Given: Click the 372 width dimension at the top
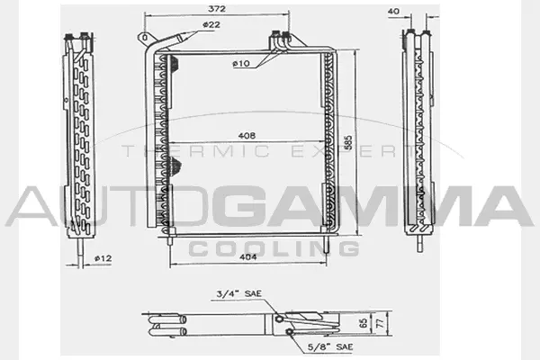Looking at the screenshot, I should point(215,8).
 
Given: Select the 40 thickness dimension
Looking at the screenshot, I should point(392,12).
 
